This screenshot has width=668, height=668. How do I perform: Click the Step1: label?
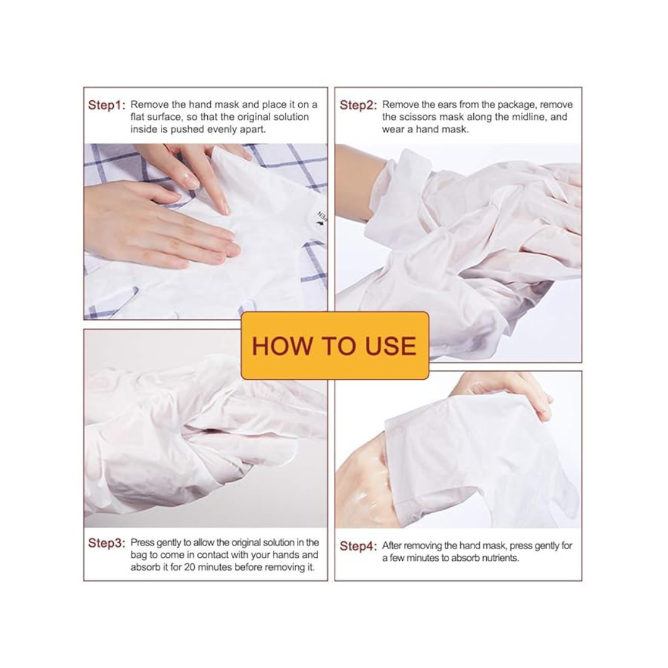[106, 105]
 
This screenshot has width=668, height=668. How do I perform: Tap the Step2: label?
[358, 105]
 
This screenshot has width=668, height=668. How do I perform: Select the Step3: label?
[106, 543]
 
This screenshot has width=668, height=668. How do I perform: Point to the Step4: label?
[358, 546]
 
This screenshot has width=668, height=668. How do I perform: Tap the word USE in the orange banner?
[391, 346]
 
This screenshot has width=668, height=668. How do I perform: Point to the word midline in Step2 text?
[527, 117]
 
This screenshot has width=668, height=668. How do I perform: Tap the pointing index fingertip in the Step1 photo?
[225, 209]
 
